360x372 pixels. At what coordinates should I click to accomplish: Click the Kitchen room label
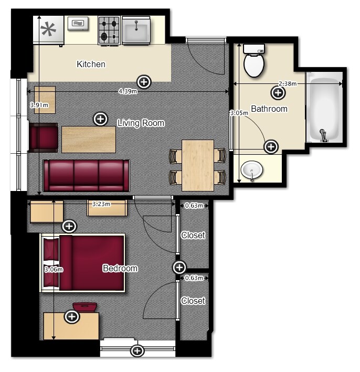(x=91, y=64)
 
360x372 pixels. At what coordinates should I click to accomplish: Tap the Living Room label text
(x=141, y=123)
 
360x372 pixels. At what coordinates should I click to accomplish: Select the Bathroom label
(x=269, y=109)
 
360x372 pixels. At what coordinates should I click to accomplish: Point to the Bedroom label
(x=120, y=268)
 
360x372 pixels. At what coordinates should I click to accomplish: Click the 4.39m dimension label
(x=128, y=91)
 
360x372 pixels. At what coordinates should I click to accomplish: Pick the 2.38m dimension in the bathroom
(x=288, y=83)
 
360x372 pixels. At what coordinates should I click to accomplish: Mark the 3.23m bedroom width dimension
(x=101, y=204)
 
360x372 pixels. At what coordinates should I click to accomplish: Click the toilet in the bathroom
(x=254, y=60)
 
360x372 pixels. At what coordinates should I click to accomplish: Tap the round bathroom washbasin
(x=252, y=170)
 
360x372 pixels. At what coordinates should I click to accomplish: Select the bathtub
(x=324, y=107)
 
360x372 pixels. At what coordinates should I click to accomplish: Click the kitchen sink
(x=136, y=30)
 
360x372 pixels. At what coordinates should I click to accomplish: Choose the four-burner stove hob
(x=109, y=30)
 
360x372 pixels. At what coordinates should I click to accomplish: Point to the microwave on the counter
(x=78, y=24)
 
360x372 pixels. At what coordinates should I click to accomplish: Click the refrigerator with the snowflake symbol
(x=49, y=30)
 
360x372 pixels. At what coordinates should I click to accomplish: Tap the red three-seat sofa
(x=87, y=176)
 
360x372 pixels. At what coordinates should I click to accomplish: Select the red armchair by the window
(x=43, y=137)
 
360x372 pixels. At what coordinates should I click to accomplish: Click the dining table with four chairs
(x=198, y=165)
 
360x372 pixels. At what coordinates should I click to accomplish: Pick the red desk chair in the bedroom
(x=84, y=306)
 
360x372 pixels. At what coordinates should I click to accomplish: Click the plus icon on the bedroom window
(x=137, y=350)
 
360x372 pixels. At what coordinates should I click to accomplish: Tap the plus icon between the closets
(x=179, y=268)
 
